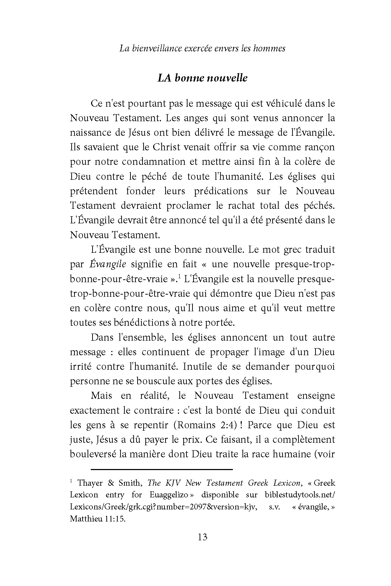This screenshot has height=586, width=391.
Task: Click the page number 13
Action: click(202, 537)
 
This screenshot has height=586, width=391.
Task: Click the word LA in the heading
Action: click(165, 78)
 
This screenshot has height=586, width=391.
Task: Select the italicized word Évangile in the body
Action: click(108, 264)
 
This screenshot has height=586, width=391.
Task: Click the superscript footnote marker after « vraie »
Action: click(180, 276)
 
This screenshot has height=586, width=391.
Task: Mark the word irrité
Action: click(80, 367)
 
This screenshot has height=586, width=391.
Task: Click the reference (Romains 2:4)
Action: click(205, 425)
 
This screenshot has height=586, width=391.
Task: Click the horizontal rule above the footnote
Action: click(162, 470)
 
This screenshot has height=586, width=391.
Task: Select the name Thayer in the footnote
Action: click(90, 483)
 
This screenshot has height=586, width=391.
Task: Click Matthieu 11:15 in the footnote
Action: click(97, 519)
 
